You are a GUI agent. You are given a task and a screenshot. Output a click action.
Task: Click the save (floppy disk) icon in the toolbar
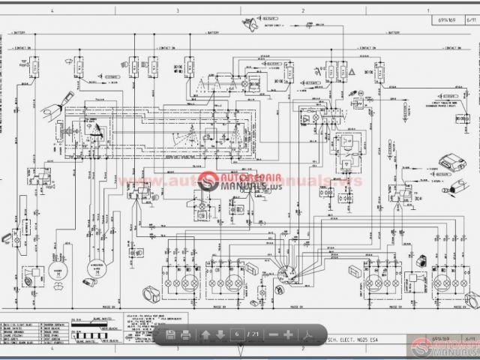pyautogui.click(x=170, y=334)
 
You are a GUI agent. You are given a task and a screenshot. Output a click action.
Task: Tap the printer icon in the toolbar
pyautogui.click(x=185, y=334)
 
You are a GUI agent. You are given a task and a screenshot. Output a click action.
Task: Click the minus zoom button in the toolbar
pyautogui.click(x=273, y=334)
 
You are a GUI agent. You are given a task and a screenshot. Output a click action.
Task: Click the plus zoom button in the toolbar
pyautogui.click(x=288, y=334)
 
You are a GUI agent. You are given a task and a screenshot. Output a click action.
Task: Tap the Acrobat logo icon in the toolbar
pyautogui.click(x=306, y=334)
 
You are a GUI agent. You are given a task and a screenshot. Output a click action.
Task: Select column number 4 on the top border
pyautogui.click(x=51, y=11)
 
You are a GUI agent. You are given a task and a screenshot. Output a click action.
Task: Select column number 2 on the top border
pyautogui.click(x=302, y=11)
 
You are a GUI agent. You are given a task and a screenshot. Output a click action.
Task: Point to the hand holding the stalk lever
pyautogui.click(x=62, y=100)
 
